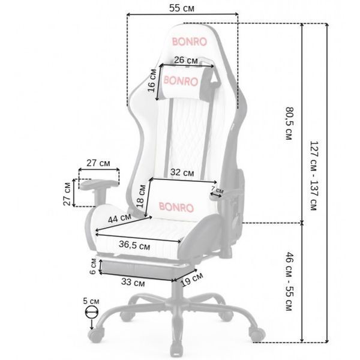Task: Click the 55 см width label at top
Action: [x=182, y=8]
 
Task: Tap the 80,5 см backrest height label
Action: [x=289, y=123]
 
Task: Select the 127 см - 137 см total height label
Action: [x=314, y=176]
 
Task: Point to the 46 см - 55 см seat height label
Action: [x=289, y=281]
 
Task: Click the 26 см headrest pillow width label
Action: [x=186, y=60]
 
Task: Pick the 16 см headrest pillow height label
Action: [x=152, y=80]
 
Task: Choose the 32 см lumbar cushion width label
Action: [x=182, y=172]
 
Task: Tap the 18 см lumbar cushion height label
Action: [x=141, y=197]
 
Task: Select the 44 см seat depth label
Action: [x=119, y=218]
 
